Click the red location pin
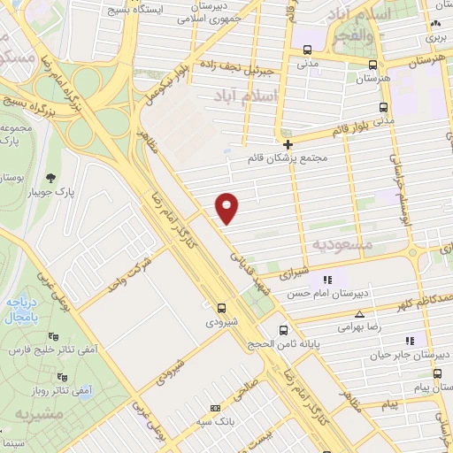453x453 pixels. click(228, 207)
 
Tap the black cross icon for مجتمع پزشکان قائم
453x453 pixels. click(288, 144)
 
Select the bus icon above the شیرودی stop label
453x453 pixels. click(221, 309)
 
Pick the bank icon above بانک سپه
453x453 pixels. click(214, 409)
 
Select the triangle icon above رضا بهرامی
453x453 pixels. click(359, 314)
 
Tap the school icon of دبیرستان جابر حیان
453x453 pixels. click(409, 341)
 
